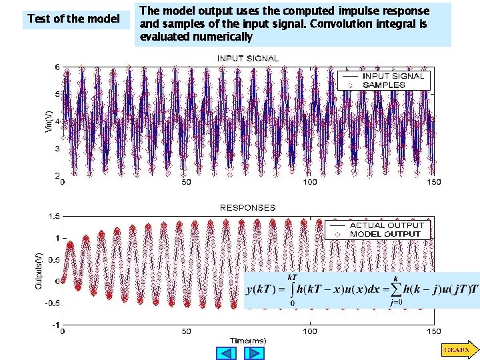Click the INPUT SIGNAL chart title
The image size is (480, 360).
pos(248,58)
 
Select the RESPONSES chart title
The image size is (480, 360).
pos(248,207)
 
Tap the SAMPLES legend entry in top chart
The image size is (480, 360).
pos(383,85)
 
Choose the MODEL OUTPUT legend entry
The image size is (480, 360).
pos(385,234)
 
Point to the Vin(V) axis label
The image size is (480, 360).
pos(49,121)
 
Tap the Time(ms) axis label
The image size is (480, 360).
pos(248,341)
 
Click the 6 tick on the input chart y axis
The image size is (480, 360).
pos(57,67)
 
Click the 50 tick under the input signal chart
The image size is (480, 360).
pos(187,182)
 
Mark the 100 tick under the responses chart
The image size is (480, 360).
pos(311,331)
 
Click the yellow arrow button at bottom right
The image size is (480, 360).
pos(457,349)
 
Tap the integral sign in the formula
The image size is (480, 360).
pos(291,291)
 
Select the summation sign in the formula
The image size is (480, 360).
pos(395,289)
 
